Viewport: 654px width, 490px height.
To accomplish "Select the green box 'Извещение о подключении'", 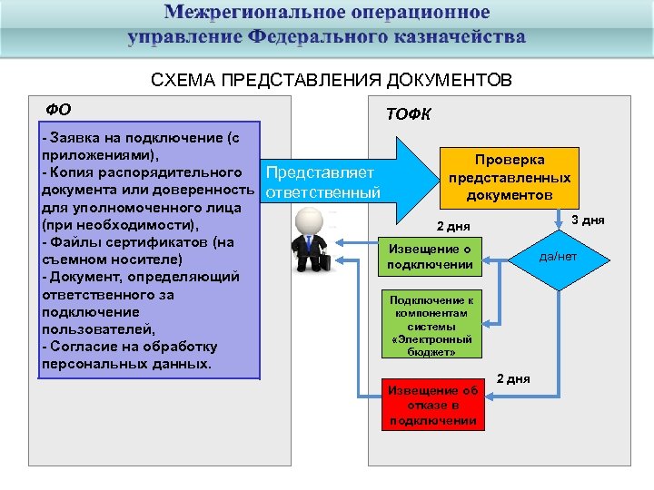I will (x=430, y=257).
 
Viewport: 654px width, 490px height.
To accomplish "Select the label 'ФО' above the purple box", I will (x=58, y=110).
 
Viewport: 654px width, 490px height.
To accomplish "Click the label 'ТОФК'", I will (x=409, y=114).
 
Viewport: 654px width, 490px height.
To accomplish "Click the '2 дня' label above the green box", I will (x=452, y=226).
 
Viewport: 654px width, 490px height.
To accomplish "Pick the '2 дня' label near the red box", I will (x=513, y=377).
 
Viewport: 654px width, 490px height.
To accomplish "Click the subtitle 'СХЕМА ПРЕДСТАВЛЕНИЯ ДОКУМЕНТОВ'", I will (x=332, y=81).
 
